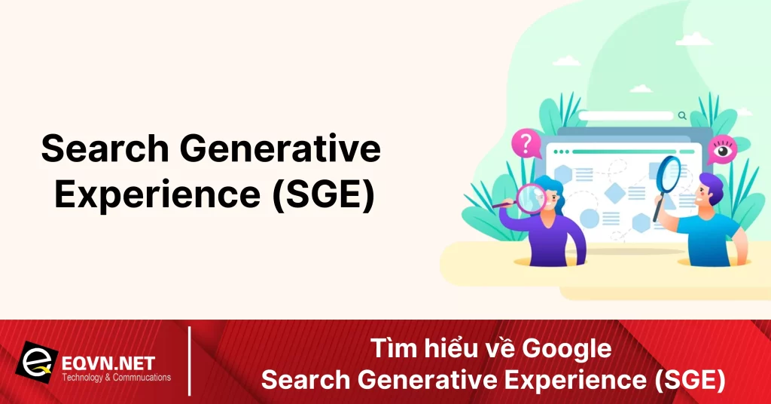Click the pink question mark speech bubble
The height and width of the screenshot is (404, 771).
[x=525, y=143]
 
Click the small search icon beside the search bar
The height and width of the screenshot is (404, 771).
[x=682, y=116]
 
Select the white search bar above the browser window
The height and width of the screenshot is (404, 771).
[x=624, y=116]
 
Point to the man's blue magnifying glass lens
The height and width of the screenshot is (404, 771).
[x=669, y=173]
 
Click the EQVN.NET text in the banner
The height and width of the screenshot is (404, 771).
[x=109, y=363]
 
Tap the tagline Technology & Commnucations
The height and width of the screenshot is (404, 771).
[x=117, y=378]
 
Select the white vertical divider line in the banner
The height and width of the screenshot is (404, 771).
[x=189, y=360]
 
